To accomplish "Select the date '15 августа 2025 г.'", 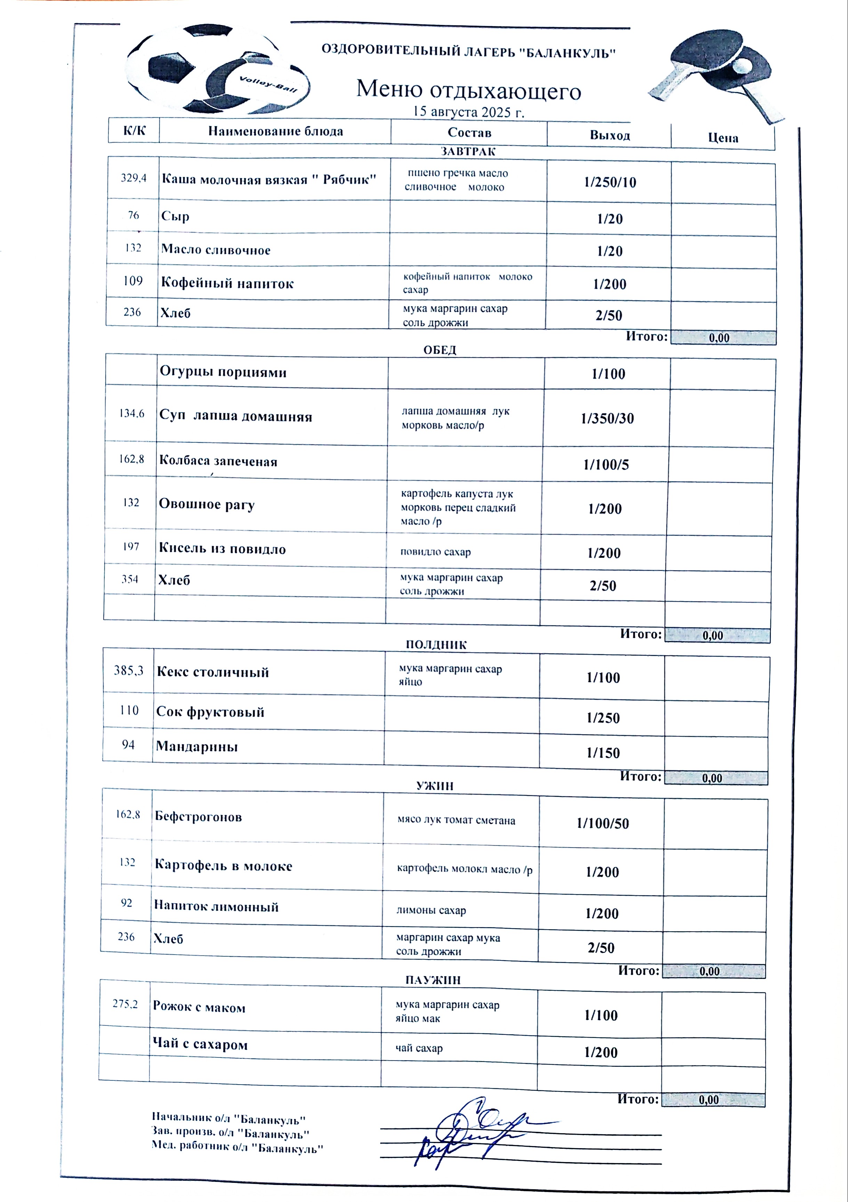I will tap(468, 112).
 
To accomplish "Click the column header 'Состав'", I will tap(469, 132).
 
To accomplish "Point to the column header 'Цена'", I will tap(723, 138).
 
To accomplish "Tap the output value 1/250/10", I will tap(610, 182).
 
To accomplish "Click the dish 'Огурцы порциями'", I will tap(223, 372).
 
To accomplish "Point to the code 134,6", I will tap(131, 414).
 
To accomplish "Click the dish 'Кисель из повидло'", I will tap(223, 549).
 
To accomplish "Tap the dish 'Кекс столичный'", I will tap(213, 672).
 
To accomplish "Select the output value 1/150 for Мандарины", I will tap(603, 753).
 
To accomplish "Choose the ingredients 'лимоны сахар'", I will tap(431, 910).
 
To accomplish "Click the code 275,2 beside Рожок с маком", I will tap(125, 1004).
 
